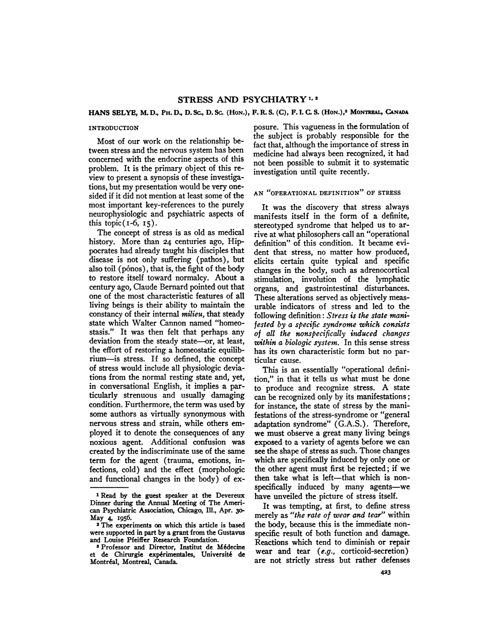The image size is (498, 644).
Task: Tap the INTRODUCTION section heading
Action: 114,128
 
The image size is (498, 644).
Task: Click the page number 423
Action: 386,573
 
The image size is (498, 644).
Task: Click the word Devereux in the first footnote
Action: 229,496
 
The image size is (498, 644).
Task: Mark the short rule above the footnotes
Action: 109,487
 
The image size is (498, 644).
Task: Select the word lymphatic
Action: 392,279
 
